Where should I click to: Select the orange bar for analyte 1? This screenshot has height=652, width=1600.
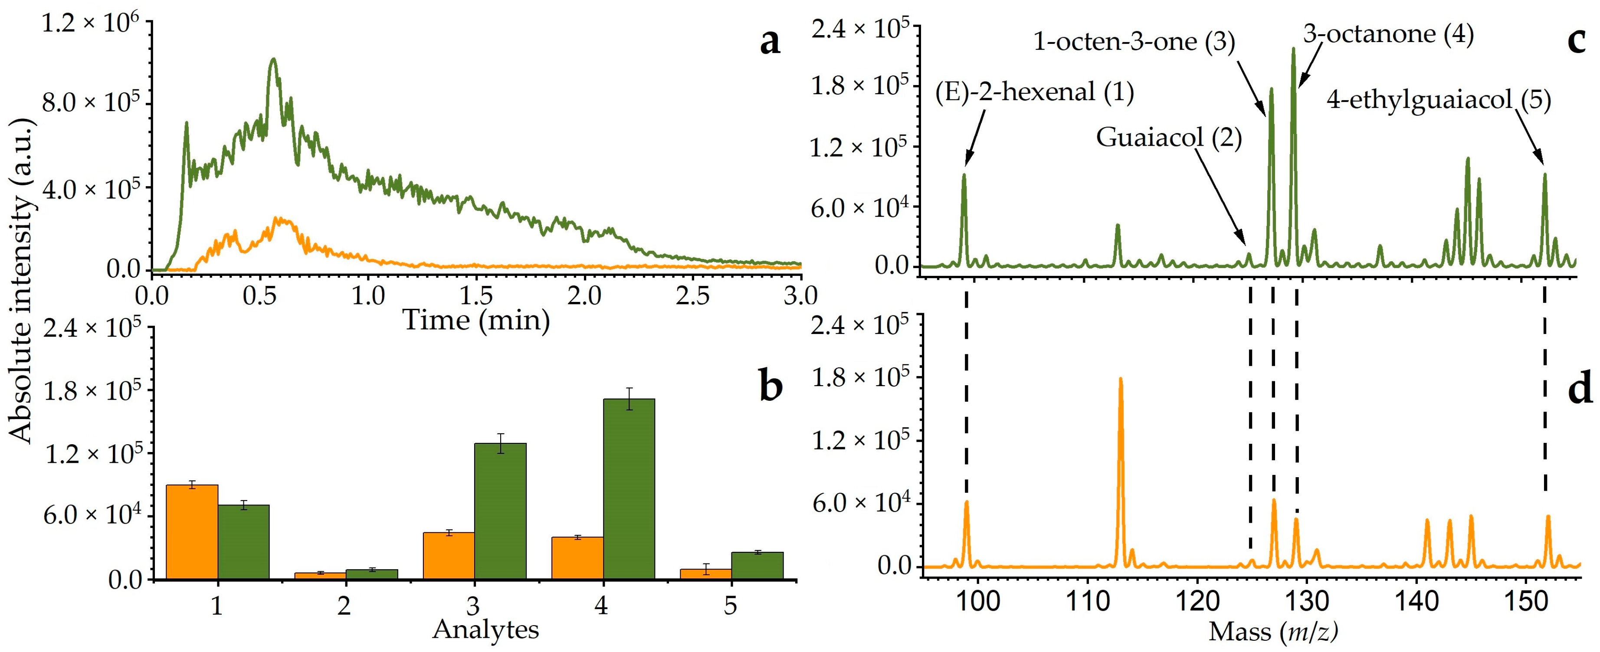(192, 532)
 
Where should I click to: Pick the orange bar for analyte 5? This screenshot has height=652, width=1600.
(705, 574)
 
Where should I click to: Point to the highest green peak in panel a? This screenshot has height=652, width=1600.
(273, 59)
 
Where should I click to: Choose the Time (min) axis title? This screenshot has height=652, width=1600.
(476, 321)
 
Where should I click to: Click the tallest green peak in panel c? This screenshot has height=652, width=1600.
(1293, 49)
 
